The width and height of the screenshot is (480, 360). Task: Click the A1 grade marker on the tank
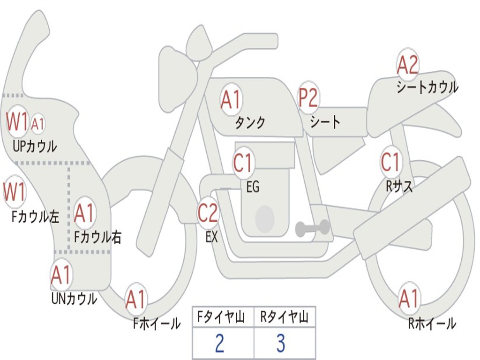click(x=231, y=100)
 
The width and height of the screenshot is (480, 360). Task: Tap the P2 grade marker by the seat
click(x=308, y=98)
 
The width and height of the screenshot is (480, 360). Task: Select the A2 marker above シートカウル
click(x=407, y=65)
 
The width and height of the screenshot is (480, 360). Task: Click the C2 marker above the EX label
click(x=208, y=213)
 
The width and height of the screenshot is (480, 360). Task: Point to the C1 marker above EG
click(x=243, y=164)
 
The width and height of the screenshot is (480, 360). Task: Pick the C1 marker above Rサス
click(x=390, y=163)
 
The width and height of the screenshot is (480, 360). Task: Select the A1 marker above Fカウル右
click(x=84, y=214)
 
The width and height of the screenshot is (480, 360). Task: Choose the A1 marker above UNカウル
click(x=61, y=275)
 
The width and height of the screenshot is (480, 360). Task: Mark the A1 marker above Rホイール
click(x=408, y=299)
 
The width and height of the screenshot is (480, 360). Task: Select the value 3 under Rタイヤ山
click(x=281, y=344)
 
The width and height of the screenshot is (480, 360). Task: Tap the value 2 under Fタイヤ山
click(x=219, y=344)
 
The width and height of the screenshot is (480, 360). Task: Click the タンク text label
click(x=250, y=122)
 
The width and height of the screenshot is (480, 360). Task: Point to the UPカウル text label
click(x=35, y=146)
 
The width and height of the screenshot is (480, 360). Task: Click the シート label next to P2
click(x=325, y=122)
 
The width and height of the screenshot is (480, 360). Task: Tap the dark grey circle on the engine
click(x=264, y=218)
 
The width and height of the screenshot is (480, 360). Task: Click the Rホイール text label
click(x=432, y=323)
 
